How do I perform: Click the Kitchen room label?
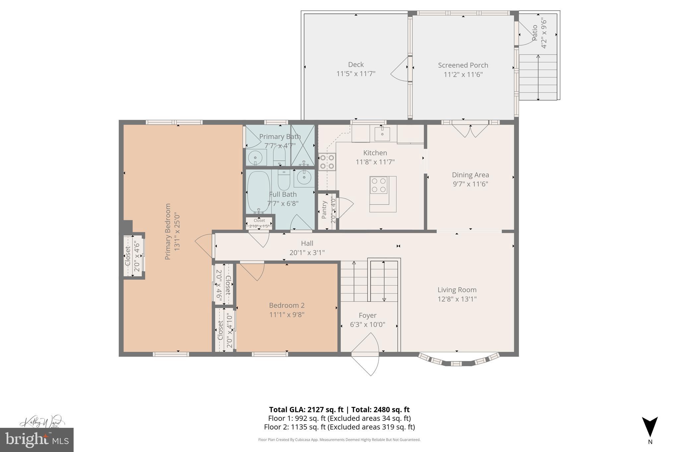375,153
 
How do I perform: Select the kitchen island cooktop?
379,185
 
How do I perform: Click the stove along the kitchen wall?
327,162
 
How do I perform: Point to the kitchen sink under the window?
382,134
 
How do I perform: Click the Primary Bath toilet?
279,156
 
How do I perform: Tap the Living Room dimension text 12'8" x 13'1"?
457,299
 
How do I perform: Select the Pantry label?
324,210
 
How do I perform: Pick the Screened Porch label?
463,65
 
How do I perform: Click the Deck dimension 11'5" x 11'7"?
356,74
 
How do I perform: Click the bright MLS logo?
37,440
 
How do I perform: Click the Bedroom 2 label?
286,305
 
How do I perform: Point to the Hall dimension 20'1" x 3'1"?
307,253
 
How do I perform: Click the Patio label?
534,33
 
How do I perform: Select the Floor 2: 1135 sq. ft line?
339,427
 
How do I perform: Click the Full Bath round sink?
303,178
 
